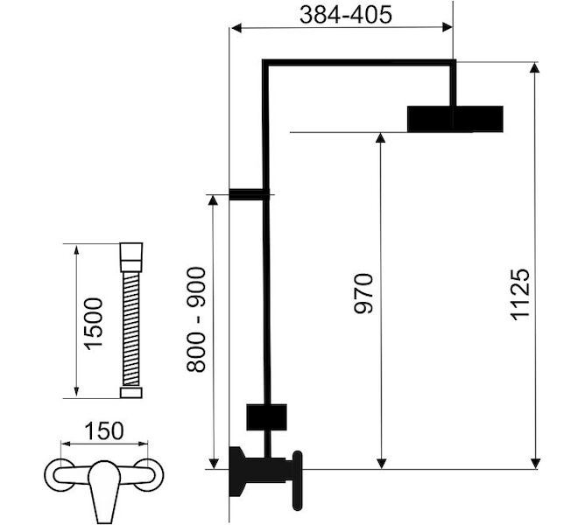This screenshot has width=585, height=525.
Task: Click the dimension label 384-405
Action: [346, 15]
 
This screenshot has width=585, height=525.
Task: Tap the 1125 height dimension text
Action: [519, 295]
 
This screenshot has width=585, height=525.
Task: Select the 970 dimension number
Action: [363, 293]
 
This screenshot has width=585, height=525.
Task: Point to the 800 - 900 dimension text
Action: [196, 319]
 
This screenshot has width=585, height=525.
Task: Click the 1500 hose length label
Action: [93, 324]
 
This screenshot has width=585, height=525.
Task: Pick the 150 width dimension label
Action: [103, 431]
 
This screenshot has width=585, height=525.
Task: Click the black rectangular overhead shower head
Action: [455, 119]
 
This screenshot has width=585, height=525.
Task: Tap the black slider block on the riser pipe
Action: [266, 416]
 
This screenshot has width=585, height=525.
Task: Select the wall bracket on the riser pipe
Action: [250, 194]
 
